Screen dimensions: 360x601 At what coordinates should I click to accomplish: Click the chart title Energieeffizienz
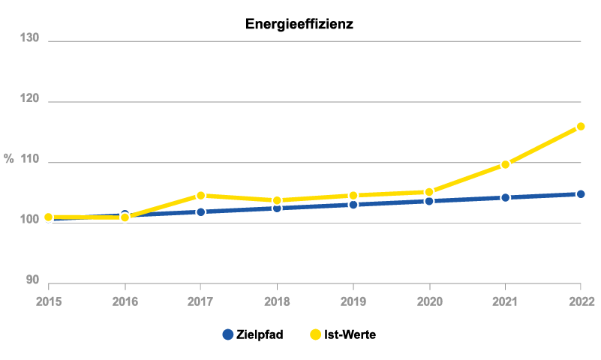click(x=299, y=24)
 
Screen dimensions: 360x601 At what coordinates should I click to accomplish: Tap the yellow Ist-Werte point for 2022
click(x=581, y=127)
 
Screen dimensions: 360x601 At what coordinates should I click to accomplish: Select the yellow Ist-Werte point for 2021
click(x=505, y=164)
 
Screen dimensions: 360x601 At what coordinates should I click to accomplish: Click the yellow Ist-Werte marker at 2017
click(x=200, y=196)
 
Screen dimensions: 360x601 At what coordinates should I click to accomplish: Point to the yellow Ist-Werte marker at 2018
click(x=277, y=200)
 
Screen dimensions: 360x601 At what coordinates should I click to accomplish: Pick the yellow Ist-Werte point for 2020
click(x=429, y=192)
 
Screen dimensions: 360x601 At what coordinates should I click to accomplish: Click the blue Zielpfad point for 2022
click(x=581, y=194)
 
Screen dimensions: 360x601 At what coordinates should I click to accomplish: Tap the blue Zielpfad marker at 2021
click(x=505, y=198)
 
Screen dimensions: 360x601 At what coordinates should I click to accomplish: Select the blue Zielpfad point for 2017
click(x=200, y=212)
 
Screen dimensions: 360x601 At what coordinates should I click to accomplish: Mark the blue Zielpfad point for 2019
click(x=353, y=205)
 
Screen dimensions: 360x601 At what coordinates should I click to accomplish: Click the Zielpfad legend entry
click(x=253, y=334)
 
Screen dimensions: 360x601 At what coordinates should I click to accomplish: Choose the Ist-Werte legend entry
click(x=342, y=334)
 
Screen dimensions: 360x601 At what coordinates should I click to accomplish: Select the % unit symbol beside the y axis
click(x=9, y=158)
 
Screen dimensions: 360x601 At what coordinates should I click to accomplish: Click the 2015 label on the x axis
click(x=48, y=301)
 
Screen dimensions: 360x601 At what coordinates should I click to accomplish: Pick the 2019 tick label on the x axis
click(x=353, y=301)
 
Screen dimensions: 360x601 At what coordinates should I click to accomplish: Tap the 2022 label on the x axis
click(x=581, y=301)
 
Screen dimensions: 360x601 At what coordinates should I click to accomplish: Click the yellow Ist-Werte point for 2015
click(x=49, y=217)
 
